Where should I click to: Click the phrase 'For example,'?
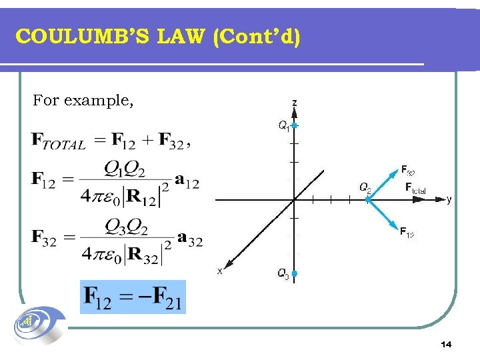(x=83, y=101)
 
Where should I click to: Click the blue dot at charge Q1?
(x=294, y=125)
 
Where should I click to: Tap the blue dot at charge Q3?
(x=294, y=273)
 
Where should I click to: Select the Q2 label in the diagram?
(x=365, y=187)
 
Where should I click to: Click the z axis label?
(x=294, y=103)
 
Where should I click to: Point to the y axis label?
(x=449, y=199)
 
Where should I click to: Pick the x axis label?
(x=219, y=271)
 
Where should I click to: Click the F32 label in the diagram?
(x=407, y=169)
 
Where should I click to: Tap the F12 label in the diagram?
(x=407, y=232)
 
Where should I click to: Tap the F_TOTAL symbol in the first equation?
(x=59, y=141)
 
